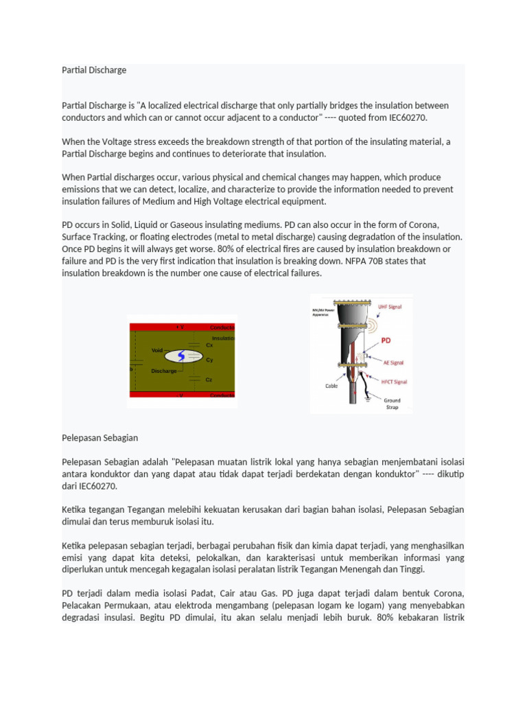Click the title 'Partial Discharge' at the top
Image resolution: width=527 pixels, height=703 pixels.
pyautogui.click(x=94, y=70)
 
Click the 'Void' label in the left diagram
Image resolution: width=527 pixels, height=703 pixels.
pyautogui.click(x=157, y=350)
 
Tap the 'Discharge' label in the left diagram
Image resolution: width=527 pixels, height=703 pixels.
pyautogui.click(x=163, y=371)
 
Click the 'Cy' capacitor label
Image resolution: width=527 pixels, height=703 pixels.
pyautogui.click(x=209, y=360)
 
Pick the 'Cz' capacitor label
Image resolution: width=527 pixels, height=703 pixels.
pyautogui.click(x=209, y=380)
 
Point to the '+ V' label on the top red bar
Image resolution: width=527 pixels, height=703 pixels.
pyautogui.click(x=180, y=327)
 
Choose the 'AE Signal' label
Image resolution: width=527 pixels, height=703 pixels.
pyautogui.click(x=392, y=362)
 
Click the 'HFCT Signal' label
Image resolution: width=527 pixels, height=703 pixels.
pyautogui.click(x=394, y=381)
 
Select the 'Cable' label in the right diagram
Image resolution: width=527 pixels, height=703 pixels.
pyautogui.click(x=331, y=386)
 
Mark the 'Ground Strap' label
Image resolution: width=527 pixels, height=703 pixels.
pyautogui.click(x=392, y=404)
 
